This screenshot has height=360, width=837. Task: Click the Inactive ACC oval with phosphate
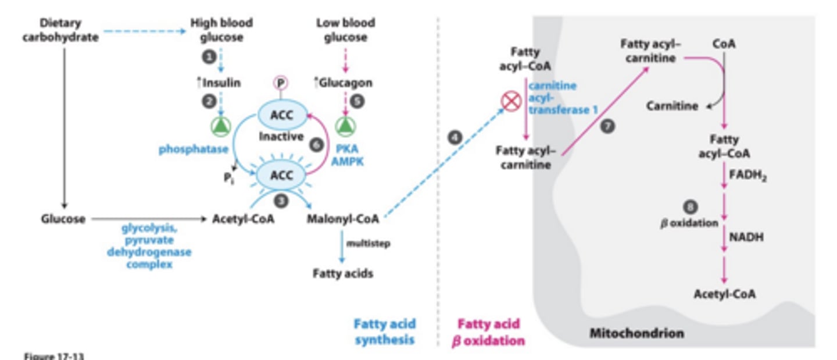pos(281,115)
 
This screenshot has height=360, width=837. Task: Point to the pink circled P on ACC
pos(281,83)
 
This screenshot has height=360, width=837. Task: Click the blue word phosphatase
pos(194,149)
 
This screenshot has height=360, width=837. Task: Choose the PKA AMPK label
pos(347,155)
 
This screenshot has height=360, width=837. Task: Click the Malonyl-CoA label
pos(343,219)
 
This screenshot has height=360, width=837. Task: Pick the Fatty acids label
pos(342,273)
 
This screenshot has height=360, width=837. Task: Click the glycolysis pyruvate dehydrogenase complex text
pos(149,246)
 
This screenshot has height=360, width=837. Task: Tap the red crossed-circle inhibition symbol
pos(511,102)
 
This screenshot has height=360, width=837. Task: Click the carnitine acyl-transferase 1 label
pos(561,97)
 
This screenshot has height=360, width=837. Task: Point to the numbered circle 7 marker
pos(607,126)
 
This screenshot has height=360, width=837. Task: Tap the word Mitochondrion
pos(636,333)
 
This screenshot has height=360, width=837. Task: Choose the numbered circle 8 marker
pos(690,206)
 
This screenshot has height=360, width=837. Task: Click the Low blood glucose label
pos(345,30)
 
